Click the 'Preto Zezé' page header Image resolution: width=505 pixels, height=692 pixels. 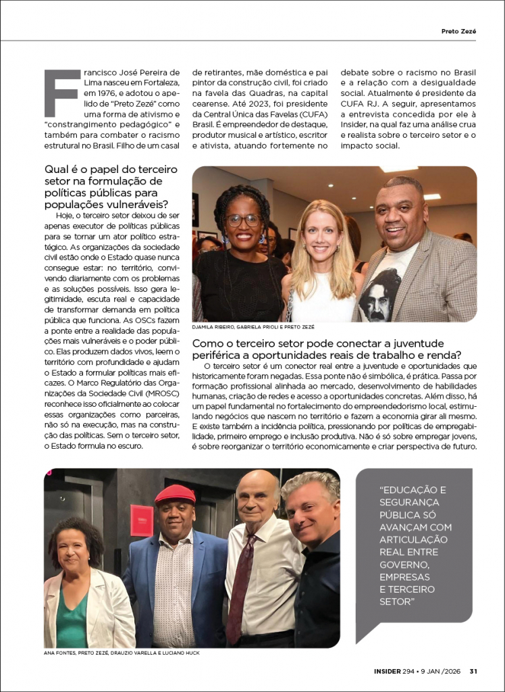(458, 31)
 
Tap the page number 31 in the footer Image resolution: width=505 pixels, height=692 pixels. (474, 671)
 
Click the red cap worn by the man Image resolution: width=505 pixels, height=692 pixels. (175, 495)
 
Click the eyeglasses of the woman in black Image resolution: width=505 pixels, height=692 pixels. (243, 221)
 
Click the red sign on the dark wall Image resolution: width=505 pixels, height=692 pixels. (142, 520)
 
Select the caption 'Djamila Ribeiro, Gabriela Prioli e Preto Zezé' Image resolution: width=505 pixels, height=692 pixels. (253, 327)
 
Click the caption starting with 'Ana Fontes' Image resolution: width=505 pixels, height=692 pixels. (122, 653)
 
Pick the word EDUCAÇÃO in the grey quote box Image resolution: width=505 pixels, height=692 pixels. (413, 490)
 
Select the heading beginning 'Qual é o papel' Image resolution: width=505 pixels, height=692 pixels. (111, 185)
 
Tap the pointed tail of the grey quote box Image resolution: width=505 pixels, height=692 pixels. (365, 635)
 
